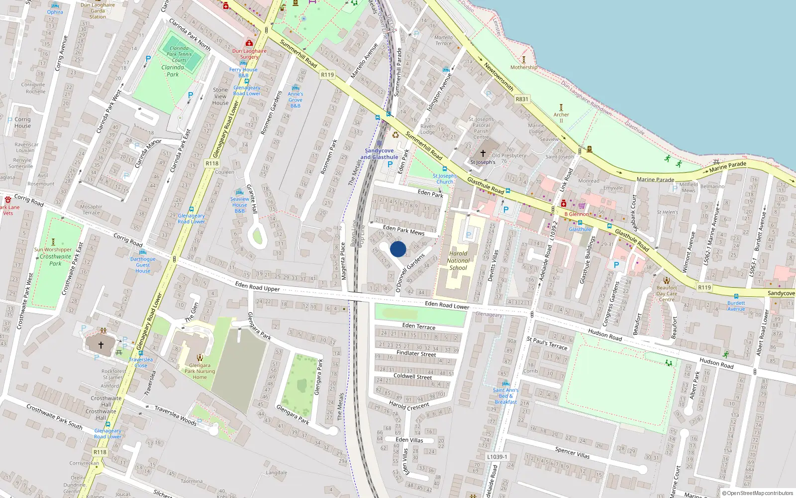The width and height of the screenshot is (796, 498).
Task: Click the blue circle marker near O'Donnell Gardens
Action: pos(398,249)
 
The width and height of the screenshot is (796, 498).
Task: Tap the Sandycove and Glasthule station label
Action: pos(379,154)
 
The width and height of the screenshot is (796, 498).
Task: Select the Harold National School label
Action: pos(458,260)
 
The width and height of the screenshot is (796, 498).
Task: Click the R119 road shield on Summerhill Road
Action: pos(327,75)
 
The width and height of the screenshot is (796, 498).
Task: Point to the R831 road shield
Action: pos(522,99)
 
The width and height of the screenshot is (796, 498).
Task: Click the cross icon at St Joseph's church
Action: pos(483,153)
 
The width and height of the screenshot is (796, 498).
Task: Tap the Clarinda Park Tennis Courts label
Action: pos(179,54)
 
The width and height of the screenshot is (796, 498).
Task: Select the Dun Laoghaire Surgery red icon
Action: pos(249,43)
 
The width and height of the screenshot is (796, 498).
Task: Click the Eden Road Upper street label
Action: pos(257,286)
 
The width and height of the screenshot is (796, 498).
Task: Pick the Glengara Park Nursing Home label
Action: pos(199,371)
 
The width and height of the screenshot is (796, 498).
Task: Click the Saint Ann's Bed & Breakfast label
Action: pos(505,396)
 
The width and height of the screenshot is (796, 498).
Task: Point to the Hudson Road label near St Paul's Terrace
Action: pos(605,335)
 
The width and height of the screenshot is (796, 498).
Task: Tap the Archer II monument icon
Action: pos(561,108)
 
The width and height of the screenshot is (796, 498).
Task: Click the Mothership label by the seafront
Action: pos(524,67)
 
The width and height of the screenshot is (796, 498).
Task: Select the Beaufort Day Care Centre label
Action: pos(667,293)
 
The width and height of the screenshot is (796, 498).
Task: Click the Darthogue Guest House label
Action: pos(143,265)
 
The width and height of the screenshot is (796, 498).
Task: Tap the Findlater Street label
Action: pos(416,354)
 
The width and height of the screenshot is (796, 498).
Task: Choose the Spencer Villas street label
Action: pos(572,452)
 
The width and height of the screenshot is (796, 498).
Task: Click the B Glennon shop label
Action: pos(577,214)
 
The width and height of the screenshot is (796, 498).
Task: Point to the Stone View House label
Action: pos(220,97)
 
